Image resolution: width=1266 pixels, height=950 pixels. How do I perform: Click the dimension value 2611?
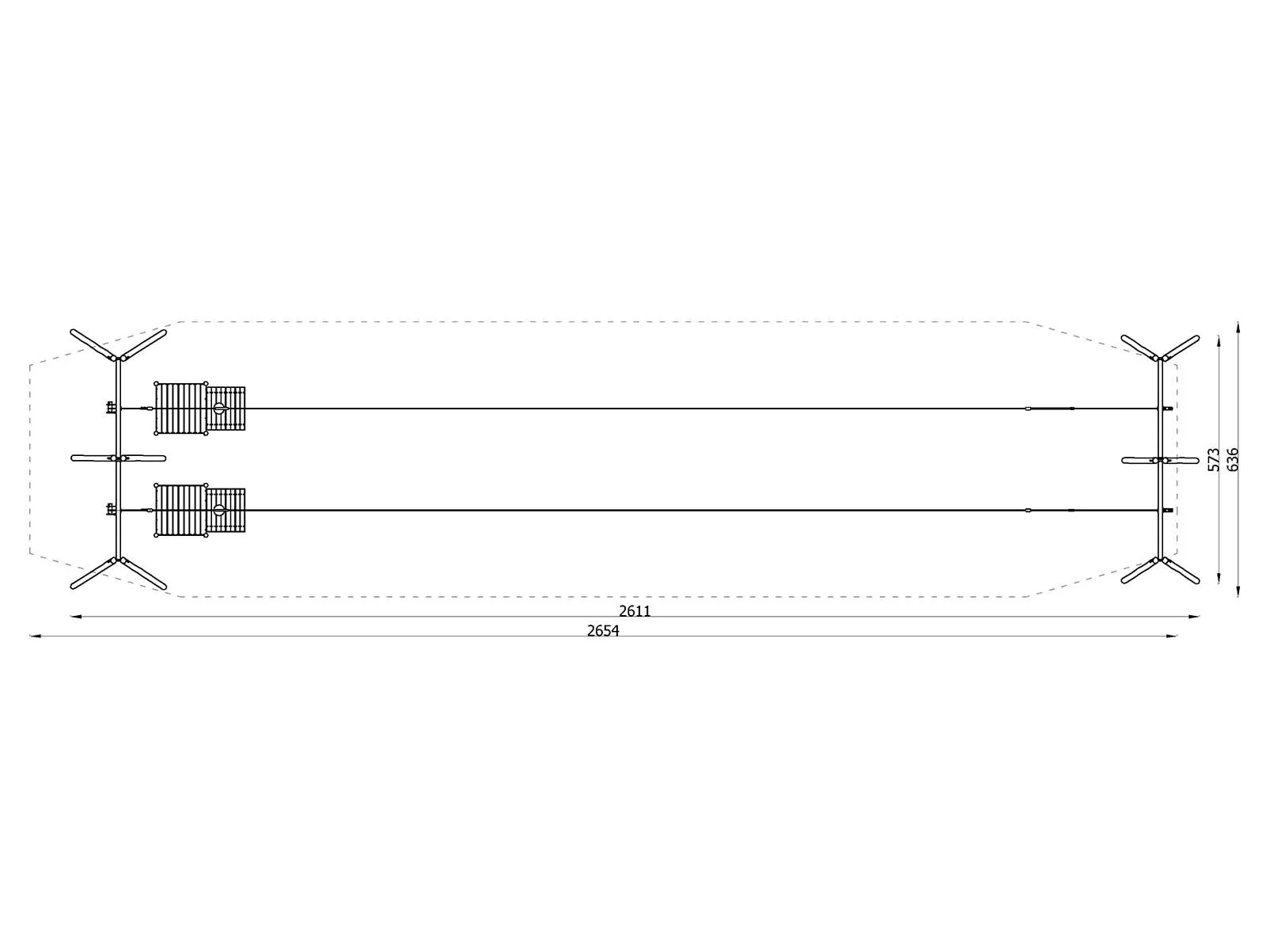click(x=635, y=611)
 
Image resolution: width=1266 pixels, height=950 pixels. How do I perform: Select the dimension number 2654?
click(x=603, y=631)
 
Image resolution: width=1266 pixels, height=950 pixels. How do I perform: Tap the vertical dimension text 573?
click(x=1214, y=460)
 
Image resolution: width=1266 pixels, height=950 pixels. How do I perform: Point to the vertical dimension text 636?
click(x=1233, y=460)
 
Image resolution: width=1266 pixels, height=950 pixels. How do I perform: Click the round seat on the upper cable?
click(x=219, y=408)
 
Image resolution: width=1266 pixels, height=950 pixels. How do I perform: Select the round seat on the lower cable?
click(x=219, y=510)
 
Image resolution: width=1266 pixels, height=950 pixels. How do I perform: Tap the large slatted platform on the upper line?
click(x=180, y=408)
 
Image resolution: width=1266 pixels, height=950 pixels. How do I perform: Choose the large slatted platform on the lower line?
click(x=180, y=510)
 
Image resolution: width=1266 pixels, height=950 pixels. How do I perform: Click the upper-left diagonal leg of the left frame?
click(x=93, y=344)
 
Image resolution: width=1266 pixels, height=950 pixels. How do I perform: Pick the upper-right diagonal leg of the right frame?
click(x=1179, y=347)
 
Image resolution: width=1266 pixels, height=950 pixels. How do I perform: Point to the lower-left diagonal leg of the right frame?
click(x=1139, y=571)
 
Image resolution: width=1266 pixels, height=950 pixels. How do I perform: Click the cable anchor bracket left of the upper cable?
click(x=111, y=408)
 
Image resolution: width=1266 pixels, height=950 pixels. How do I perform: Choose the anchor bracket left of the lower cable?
click(x=111, y=509)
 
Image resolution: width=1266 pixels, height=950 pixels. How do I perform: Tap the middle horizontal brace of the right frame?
click(x=1160, y=460)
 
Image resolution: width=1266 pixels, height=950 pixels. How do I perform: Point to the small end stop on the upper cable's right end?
click(x=1168, y=408)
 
